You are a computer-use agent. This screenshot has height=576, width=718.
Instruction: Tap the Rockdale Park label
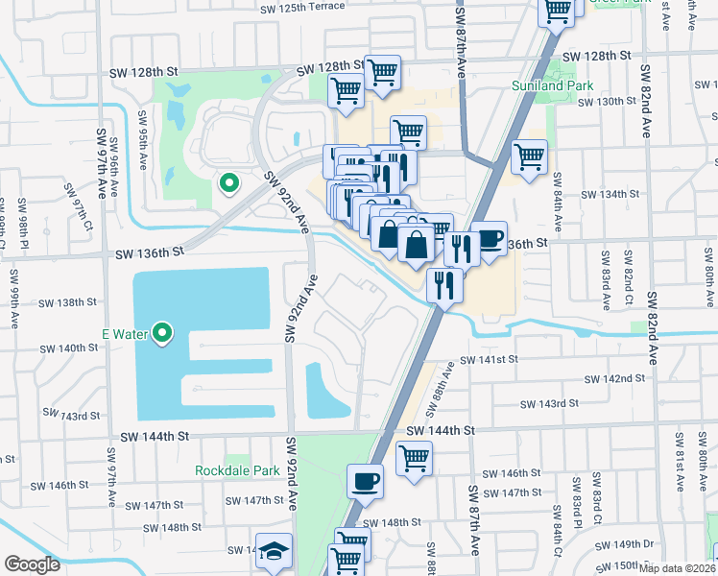click(x=237, y=470)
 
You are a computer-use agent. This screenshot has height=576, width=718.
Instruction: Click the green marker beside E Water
click(x=163, y=334)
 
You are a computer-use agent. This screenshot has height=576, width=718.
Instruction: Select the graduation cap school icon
click(x=274, y=550)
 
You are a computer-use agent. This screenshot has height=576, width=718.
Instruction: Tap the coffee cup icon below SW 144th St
click(x=365, y=479)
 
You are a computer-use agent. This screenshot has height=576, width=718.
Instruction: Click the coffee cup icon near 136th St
click(x=490, y=238)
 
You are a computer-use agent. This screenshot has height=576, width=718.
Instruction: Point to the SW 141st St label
click(x=489, y=359)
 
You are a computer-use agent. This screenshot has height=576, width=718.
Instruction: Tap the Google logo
click(x=32, y=564)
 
